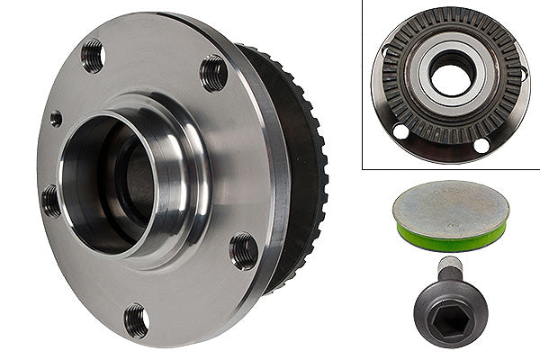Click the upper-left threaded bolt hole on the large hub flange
(92, 57)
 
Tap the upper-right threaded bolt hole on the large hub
(213, 73)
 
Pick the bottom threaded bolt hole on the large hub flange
(136, 319)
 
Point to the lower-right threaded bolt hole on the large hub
(243, 249)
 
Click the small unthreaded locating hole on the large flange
(56, 118)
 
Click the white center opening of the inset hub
(450, 77)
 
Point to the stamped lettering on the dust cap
(449, 193)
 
